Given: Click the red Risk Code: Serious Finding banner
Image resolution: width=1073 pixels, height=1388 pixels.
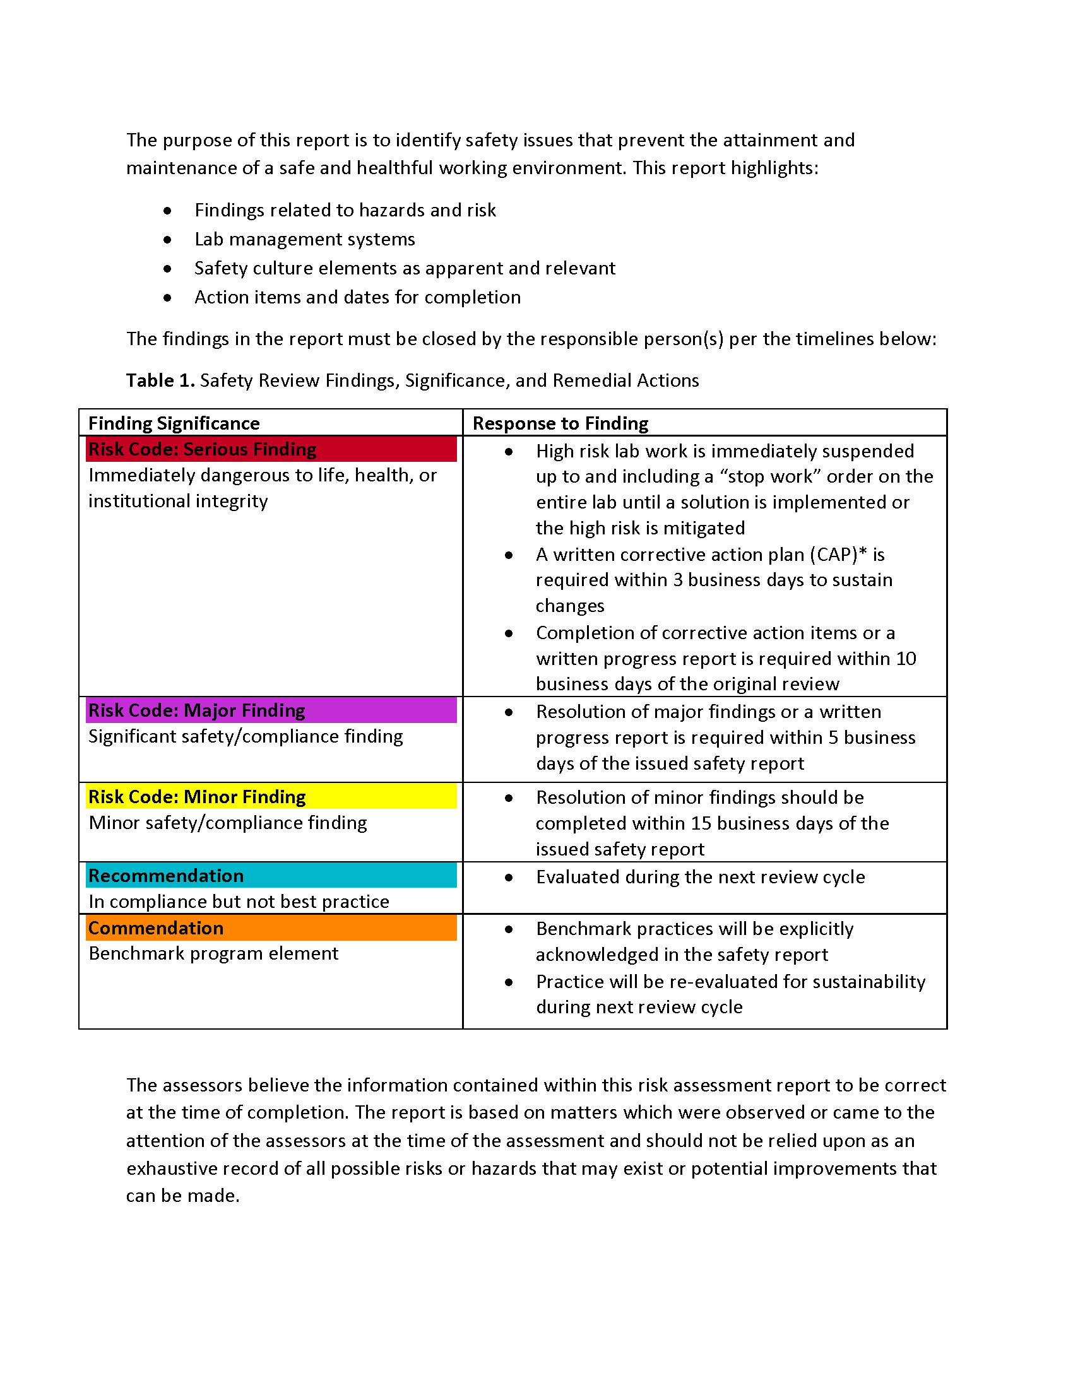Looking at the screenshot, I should (x=271, y=449).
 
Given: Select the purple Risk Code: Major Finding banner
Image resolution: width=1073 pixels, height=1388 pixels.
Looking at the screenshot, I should (x=271, y=710).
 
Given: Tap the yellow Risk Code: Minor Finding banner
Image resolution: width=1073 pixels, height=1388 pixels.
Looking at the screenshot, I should (x=271, y=796).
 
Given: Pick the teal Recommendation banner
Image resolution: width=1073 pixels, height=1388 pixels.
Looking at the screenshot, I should (x=271, y=875).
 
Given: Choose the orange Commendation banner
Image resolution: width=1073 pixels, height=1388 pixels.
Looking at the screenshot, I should (x=271, y=928).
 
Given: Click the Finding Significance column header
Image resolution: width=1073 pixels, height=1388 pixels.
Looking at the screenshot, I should (x=174, y=423).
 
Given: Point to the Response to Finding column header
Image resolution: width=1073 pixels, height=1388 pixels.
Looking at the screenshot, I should (x=560, y=423).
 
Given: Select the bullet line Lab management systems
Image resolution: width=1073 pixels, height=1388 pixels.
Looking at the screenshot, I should (x=304, y=239).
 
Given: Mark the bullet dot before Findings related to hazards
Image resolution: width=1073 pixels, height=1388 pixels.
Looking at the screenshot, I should (x=167, y=210).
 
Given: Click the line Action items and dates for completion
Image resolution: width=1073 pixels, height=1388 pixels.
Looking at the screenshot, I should (x=357, y=297).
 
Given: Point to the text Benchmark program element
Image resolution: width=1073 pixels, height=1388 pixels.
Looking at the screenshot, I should (x=213, y=953).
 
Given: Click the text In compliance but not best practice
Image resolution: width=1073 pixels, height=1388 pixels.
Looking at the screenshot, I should (x=239, y=901).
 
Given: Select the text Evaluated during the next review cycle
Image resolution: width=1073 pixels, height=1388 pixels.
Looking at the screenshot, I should (x=700, y=877).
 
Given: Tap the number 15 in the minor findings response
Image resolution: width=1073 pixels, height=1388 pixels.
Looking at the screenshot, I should (x=701, y=823).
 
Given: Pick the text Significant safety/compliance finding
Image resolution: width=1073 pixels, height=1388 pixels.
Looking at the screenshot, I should (x=246, y=736).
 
